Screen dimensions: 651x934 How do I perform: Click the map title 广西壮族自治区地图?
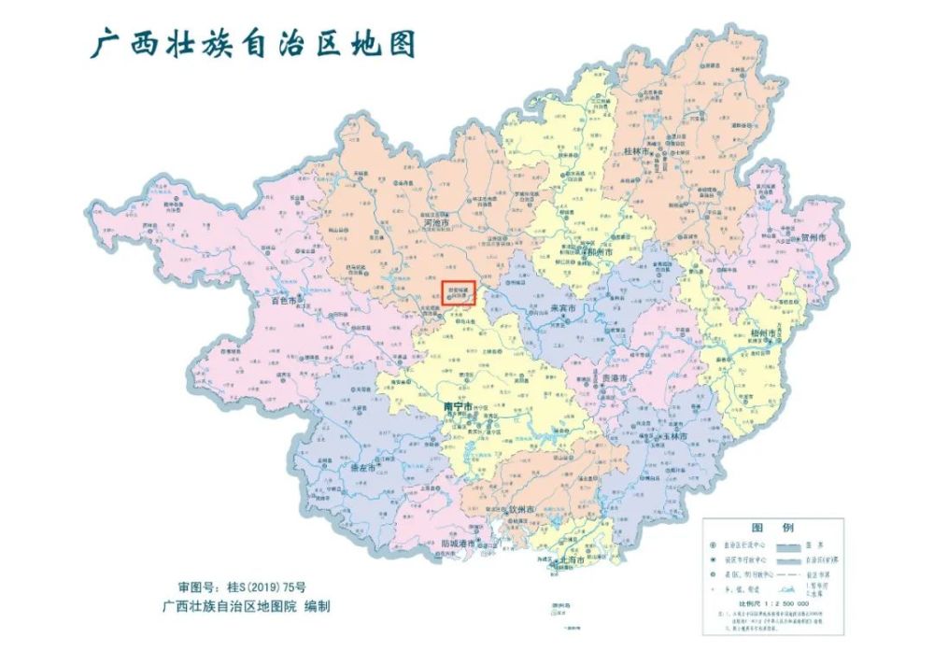click(x=252, y=42)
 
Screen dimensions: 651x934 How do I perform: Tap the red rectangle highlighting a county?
click(x=459, y=292)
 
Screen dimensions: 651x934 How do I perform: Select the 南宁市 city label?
click(x=458, y=407)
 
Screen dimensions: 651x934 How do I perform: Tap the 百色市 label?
click(x=282, y=301)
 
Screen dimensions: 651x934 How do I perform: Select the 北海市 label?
click(x=570, y=560)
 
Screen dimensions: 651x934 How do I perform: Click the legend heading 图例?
click(x=771, y=527)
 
